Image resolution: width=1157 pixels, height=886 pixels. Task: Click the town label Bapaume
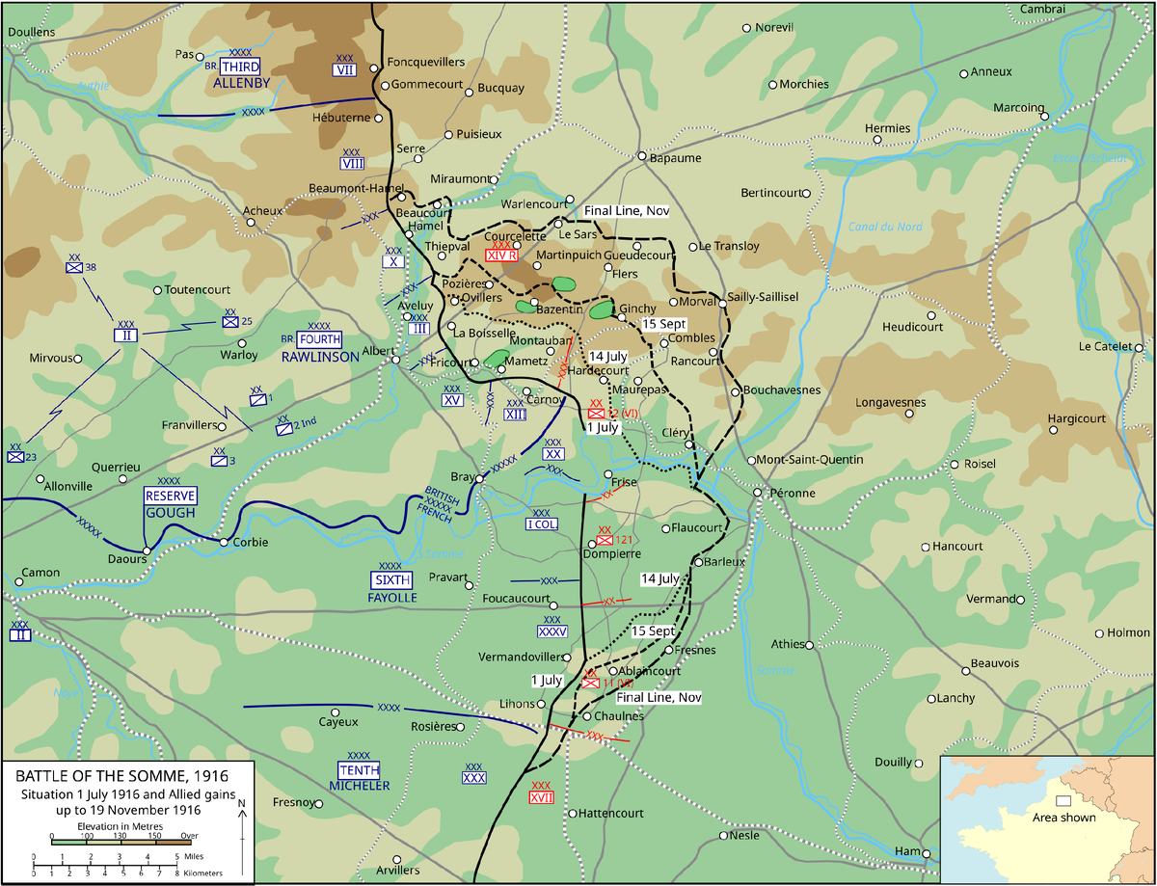pos(675,158)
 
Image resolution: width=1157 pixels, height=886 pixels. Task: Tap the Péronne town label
pos(792,493)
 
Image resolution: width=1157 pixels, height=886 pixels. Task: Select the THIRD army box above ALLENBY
pos(240,67)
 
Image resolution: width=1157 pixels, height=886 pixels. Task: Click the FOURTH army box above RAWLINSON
pos(319,339)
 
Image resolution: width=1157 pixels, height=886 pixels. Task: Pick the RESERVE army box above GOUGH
pos(170,496)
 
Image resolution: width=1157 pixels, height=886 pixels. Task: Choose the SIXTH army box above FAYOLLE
pos(390,579)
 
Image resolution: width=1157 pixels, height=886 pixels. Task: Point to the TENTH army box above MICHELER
pos(358,769)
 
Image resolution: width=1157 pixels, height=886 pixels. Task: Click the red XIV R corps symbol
pos(501,255)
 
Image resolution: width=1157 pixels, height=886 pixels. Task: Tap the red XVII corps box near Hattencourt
pos(541,797)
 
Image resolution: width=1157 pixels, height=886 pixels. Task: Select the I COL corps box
pos(541,524)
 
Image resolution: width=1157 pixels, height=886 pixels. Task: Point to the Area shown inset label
pos(1063,818)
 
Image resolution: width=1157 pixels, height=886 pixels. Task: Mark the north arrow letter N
pos(242,803)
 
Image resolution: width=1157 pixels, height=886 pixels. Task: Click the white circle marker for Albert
pos(395,362)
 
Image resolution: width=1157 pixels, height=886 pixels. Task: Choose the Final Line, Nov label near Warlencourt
pos(627,210)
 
